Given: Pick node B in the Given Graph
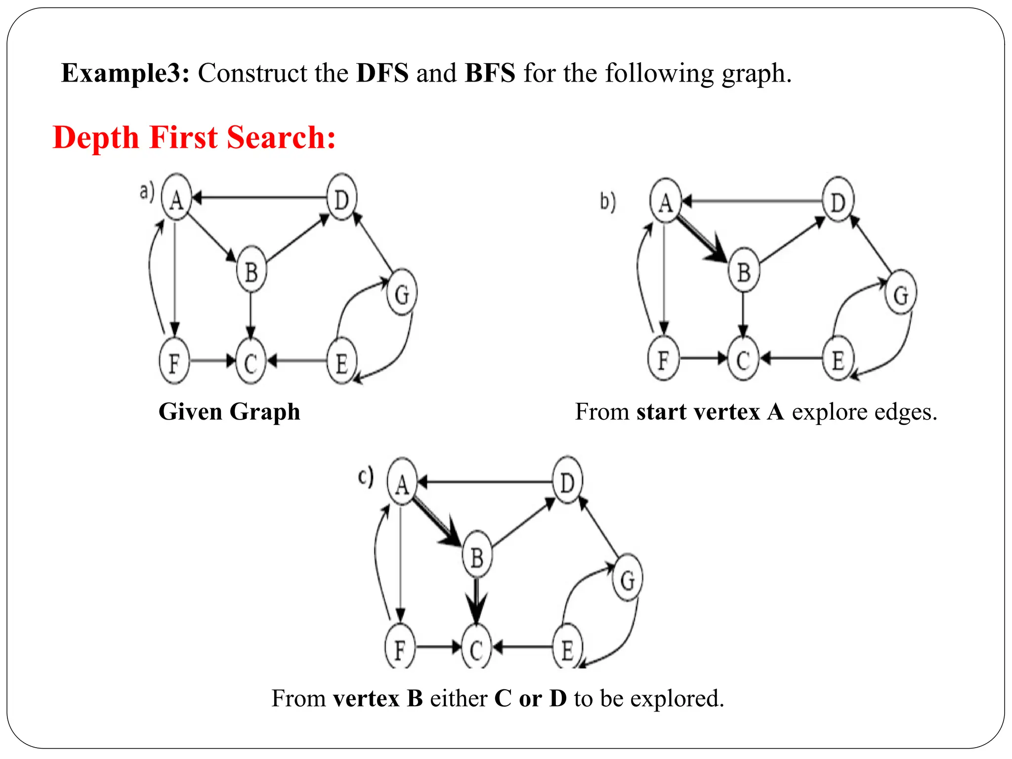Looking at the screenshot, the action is click(252, 271).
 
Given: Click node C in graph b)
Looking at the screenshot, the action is click(743, 359).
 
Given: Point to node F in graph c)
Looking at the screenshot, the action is click(400, 648).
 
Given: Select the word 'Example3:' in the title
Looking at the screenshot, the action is click(125, 73).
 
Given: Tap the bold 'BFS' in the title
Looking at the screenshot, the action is click(490, 73).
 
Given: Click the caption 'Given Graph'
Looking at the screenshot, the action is click(229, 412).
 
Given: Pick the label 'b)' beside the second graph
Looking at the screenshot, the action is click(608, 202).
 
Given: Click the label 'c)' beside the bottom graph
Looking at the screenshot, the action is click(366, 477).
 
